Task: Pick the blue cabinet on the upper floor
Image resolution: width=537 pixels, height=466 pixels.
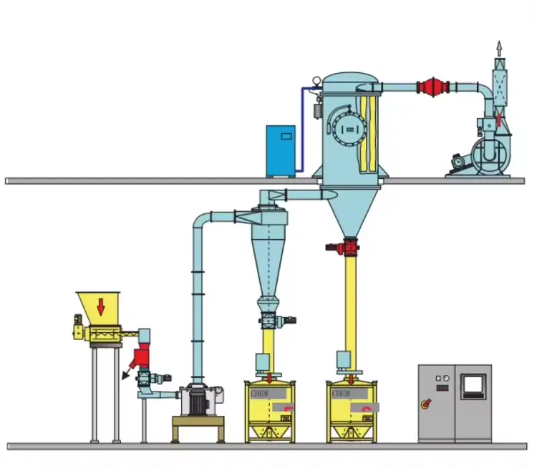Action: pyautogui.click(x=281, y=151)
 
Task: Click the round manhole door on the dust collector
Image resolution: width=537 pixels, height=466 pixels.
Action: pyautogui.click(x=349, y=129)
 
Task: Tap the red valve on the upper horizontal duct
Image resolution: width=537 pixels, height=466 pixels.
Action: pyautogui.click(x=432, y=87)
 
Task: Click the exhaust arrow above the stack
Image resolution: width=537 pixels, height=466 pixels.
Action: pyautogui.click(x=499, y=49)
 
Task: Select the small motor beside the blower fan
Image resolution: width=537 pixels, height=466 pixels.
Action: pyautogui.click(x=455, y=163)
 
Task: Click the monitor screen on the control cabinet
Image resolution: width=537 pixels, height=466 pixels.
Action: pyautogui.click(x=473, y=385)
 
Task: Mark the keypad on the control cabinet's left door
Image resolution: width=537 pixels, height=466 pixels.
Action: pyautogui.click(x=442, y=388)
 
